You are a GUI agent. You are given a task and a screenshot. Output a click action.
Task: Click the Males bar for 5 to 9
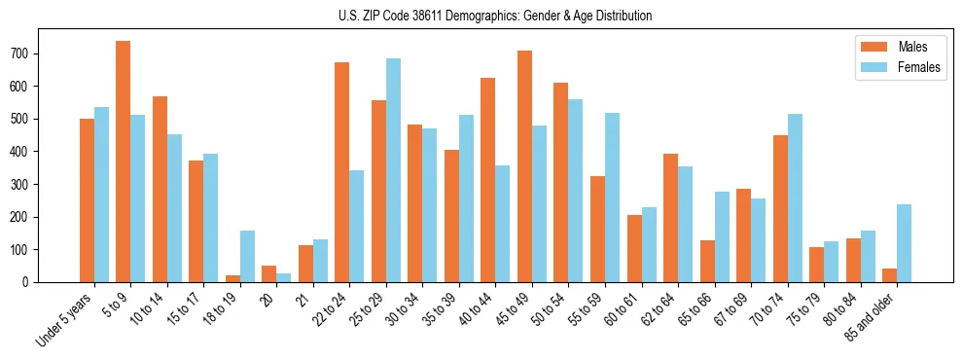tap(124, 162)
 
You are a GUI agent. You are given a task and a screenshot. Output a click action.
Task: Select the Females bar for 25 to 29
tap(393, 170)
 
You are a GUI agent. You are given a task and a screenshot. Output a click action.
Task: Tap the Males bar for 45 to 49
tap(524, 166)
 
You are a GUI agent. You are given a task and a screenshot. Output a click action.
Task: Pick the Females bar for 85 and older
tap(904, 243)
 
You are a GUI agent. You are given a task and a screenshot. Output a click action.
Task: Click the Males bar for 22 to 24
tap(342, 172)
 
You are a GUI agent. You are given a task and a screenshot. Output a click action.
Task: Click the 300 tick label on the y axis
tap(26, 184)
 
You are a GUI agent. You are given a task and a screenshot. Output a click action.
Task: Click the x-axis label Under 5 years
tap(65, 321)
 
